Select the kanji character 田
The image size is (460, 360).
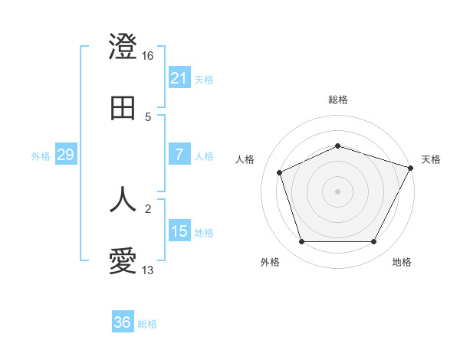tap(123, 108)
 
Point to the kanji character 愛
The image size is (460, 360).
tap(123, 261)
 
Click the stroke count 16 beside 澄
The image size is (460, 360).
tap(149, 56)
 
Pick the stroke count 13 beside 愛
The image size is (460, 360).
tap(149, 270)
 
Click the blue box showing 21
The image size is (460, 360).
tap(179, 78)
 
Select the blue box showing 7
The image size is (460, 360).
tap(179, 155)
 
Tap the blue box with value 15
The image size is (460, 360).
tap(179, 231)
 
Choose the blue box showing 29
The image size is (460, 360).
tap(66, 155)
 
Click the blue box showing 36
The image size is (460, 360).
tap(123, 322)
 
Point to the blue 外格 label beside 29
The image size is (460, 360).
tap(41, 155)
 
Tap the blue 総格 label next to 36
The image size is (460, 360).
tap(147, 323)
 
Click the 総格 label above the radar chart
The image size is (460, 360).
tap(338, 100)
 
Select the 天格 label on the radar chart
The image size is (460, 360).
tap(432, 159)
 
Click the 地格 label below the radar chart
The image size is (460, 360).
tap(402, 262)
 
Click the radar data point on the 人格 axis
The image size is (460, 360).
tap(281, 172)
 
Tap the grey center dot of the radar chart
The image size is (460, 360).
tap(338, 191)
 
